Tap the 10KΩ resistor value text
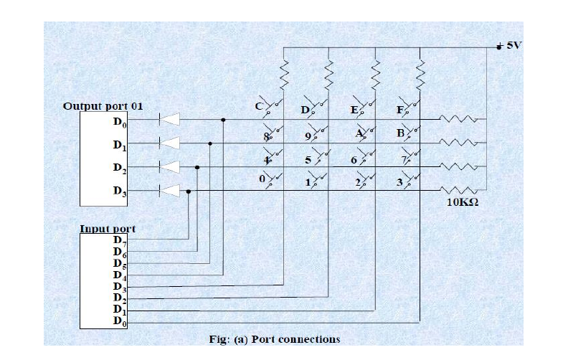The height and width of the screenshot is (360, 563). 463,202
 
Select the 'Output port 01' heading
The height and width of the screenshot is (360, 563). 103,106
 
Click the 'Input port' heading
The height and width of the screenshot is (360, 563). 108,229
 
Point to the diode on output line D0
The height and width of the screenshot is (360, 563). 169,120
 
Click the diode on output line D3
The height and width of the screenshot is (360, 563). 169,191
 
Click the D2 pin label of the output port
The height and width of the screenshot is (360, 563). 120,168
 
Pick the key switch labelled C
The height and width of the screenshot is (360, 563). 273,106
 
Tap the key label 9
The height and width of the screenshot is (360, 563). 308,136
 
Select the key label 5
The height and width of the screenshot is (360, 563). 308,160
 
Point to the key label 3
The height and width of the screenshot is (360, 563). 399,182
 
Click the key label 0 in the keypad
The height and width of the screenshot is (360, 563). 262,179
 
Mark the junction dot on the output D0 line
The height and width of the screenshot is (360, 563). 223,120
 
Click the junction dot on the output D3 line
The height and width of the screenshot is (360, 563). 189,191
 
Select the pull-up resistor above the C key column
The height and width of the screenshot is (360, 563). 284,75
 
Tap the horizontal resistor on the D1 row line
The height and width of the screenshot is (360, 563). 458,143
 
